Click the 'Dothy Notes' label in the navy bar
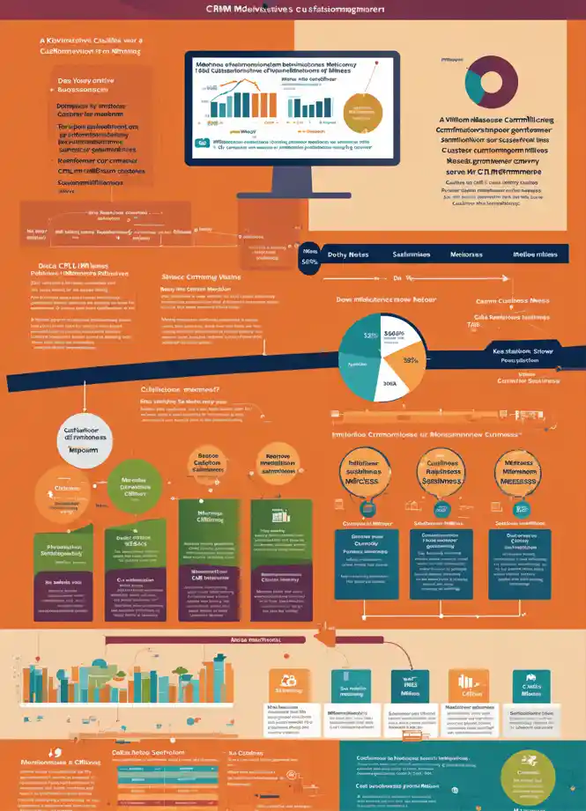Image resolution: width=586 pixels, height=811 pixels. coord(347,254)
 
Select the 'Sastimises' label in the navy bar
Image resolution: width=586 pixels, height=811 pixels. coord(411,254)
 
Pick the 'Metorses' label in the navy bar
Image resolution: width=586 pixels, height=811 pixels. coord(467,254)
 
